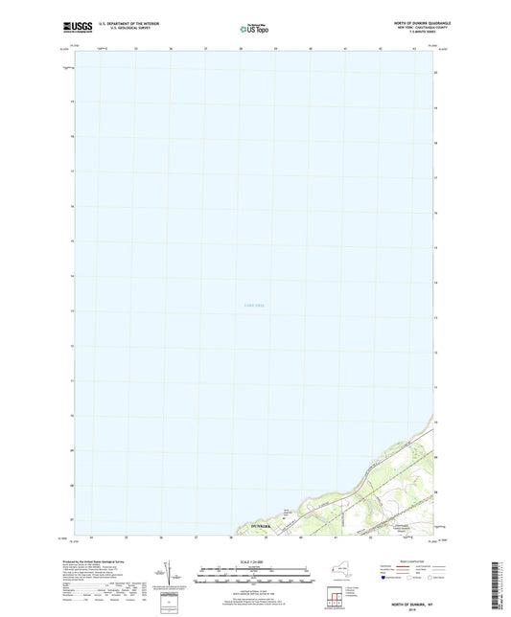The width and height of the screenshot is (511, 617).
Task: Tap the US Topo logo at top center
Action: pos(254,29)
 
